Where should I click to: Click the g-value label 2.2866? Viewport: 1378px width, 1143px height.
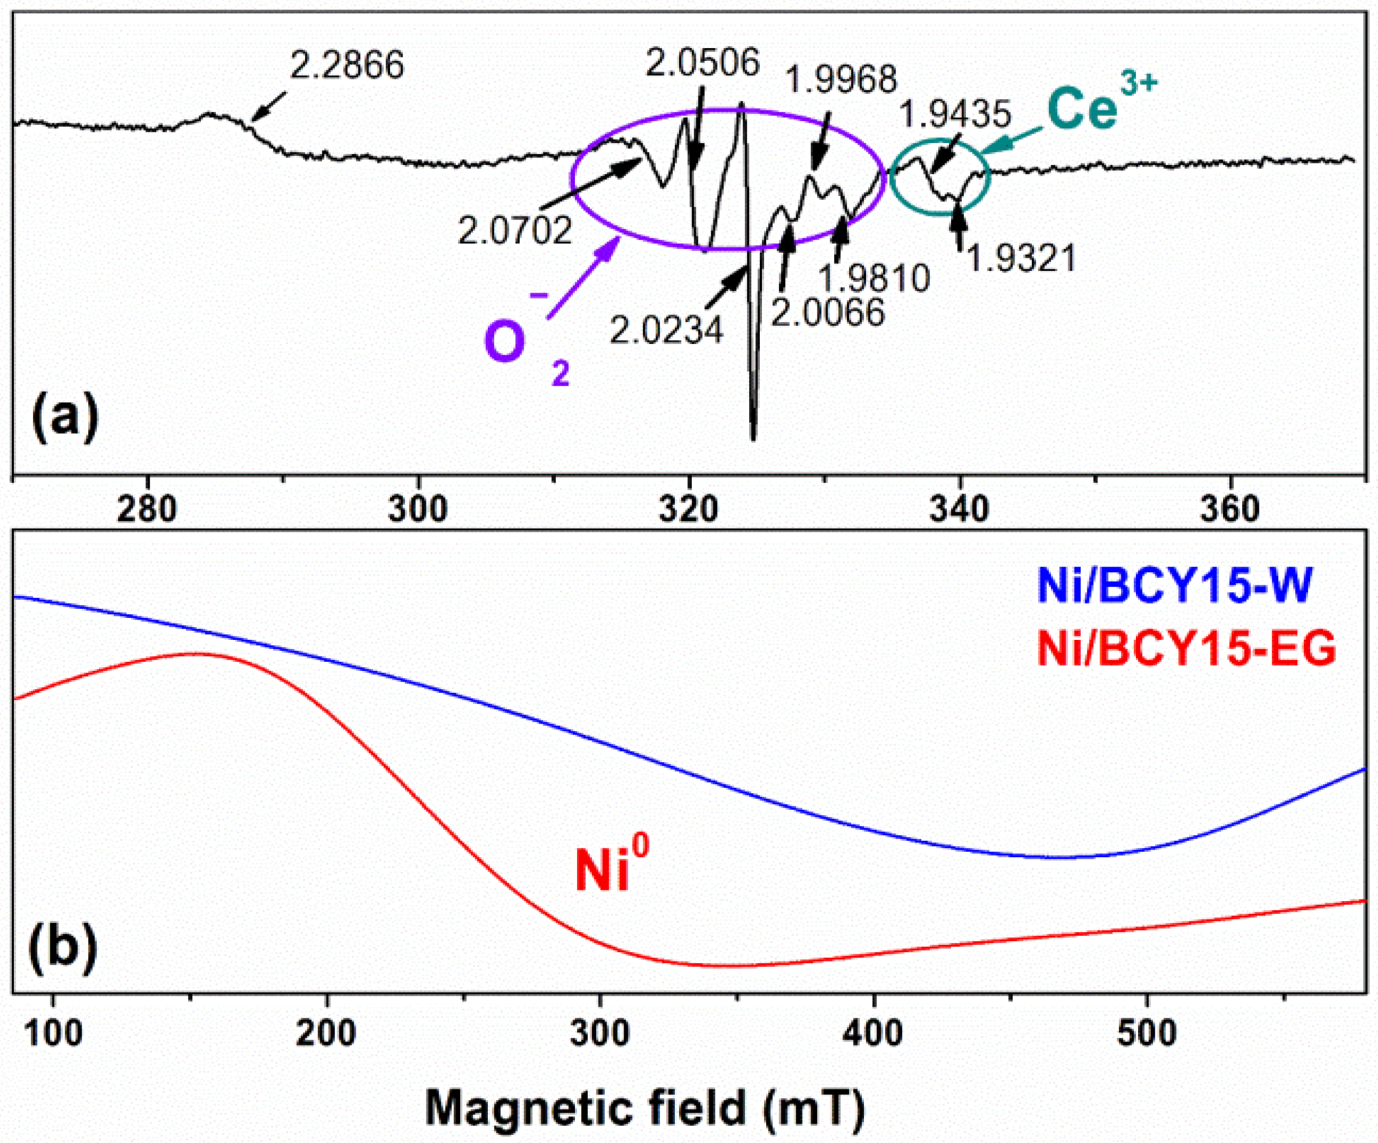point(346,66)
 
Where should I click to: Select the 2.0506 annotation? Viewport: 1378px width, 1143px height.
point(702,63)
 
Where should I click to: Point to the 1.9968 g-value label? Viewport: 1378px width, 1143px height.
point(840,80)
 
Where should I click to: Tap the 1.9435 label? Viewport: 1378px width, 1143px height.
point(955,115)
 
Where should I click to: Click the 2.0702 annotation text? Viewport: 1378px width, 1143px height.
point(515,231)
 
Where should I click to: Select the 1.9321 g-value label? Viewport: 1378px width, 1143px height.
point(1022,259)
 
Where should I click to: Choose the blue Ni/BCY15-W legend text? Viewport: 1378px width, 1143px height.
point(1174,585)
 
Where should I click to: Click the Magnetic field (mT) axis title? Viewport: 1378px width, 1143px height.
point(645,1108)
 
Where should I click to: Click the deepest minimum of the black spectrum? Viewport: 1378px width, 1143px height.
point(753,438)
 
